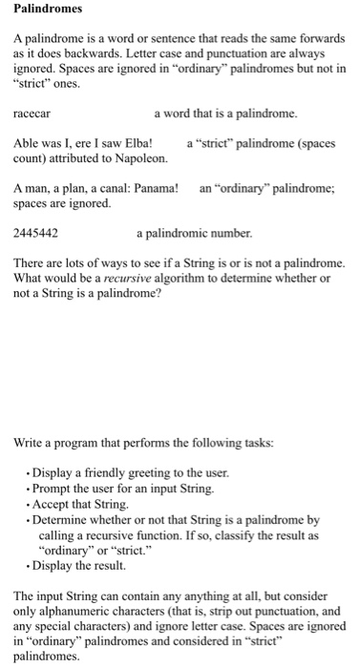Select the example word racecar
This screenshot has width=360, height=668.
click(34, 114)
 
